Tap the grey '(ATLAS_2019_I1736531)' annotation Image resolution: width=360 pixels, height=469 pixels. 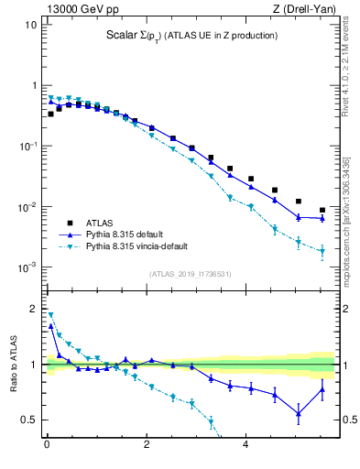tap(191, 274)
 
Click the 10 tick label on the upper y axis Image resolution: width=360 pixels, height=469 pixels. tap(30, 25)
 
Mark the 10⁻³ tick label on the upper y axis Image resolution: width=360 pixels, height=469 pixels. tap(27, 267)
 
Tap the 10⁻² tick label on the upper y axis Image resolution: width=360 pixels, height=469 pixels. tap(27, 207)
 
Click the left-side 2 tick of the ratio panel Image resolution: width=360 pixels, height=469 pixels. tap(33, 309)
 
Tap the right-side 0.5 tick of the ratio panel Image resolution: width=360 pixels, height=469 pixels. tap(348, 420)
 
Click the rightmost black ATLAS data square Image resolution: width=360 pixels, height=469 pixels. tap(322, 210)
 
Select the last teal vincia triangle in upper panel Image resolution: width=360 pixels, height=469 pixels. tap(322, 251)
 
